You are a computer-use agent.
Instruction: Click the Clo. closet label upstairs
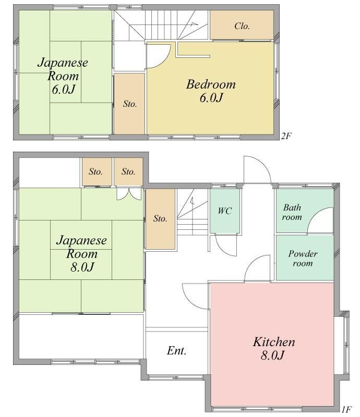pos(242,26)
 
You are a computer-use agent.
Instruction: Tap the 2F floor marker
pos(286,136)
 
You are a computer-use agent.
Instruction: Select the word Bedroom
pos(211,84)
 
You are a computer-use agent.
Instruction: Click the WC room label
pos(225,211)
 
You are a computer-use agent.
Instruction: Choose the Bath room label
pos(292,212)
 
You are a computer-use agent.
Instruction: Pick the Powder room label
pos(303,258)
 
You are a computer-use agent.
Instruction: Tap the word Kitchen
pos(274,342)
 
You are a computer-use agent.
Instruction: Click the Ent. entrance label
pos(176,350)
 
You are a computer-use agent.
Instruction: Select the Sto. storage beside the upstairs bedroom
pos(130,104)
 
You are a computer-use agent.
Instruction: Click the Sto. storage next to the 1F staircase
pos(160,218)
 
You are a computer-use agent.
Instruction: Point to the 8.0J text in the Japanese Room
pos(82,267)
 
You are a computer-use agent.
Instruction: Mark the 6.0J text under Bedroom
pos(211,98)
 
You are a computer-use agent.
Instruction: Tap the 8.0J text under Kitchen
pos(273,355)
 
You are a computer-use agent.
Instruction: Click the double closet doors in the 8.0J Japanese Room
pos(129,194)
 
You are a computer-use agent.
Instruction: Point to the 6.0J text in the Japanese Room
pos(63,89)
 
